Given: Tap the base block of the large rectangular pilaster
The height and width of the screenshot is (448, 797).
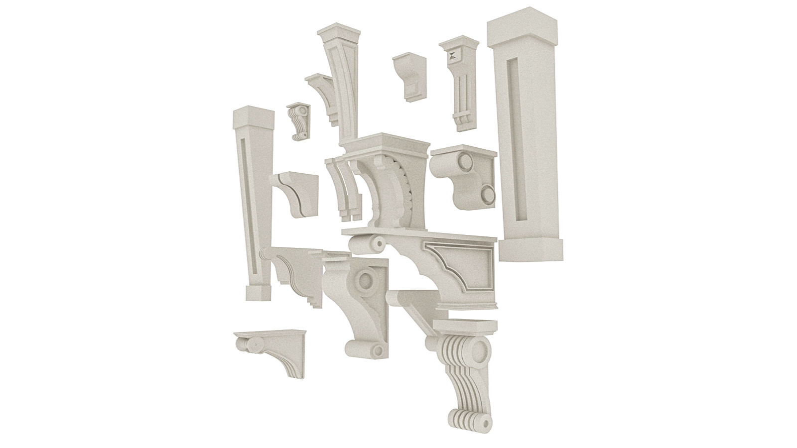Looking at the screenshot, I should click(531, 249).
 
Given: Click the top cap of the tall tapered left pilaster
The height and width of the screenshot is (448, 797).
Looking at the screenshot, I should click(254, 116).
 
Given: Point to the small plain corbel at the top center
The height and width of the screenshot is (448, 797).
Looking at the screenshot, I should click(409, 75).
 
